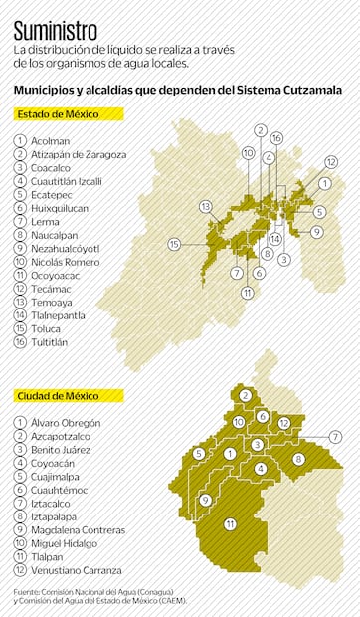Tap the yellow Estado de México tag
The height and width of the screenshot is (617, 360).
pos(58,114)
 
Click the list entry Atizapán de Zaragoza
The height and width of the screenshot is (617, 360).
pos(79,154)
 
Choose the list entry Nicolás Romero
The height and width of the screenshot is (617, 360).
pos(66,262)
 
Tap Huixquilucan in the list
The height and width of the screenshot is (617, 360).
pos(60,208)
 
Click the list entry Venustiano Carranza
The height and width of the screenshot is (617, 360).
pos(77,570)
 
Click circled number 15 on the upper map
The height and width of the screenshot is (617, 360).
pos(174,244)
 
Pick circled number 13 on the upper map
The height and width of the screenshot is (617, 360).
pos(206,207)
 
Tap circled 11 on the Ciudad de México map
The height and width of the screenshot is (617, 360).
pos(230,523)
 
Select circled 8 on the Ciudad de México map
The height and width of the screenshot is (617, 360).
pos(297,459)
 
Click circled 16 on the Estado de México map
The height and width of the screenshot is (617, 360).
pos(276,138)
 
